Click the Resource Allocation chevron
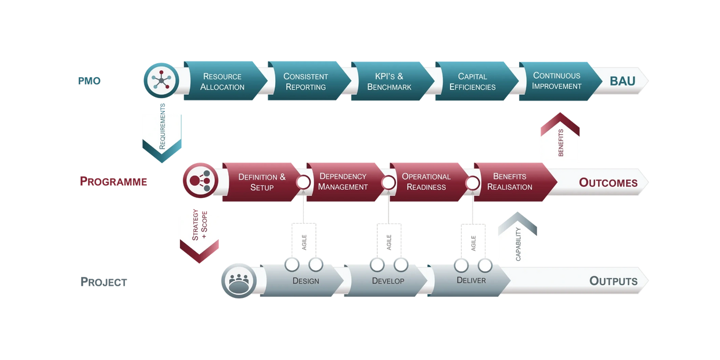(222, 81)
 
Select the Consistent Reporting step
(305, 81)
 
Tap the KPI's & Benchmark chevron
(389, 81)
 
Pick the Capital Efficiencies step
(473, 81)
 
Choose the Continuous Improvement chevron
(557, 81)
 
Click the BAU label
(622, 81)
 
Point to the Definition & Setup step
(262, 182)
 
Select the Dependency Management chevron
(343, 182)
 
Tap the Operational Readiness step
(426, 182)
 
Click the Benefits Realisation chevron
(510, 182)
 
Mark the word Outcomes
(608, 182)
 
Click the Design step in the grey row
(305, 281)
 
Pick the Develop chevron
(388, 281)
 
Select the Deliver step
(471, 281)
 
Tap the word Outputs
(613, 281)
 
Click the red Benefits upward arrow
(560, 137)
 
